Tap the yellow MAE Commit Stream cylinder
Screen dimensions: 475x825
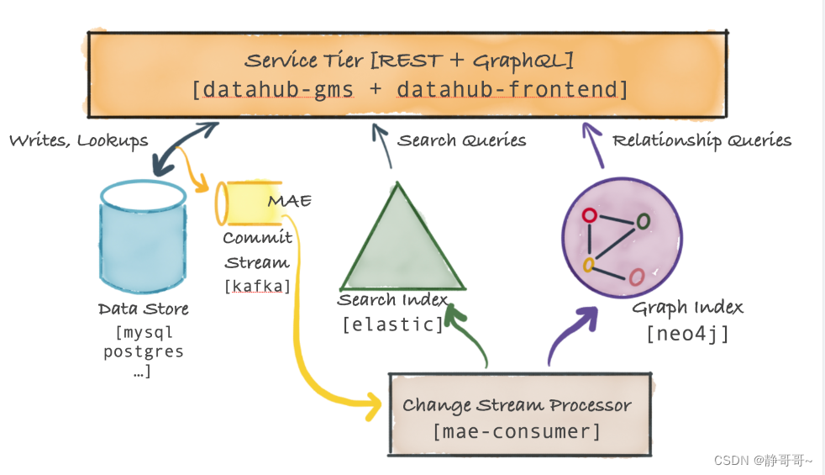click(249, 203)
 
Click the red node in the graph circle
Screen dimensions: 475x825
click(590, 215)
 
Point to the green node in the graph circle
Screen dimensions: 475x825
click(644, 221)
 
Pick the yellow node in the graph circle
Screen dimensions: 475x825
click(590, 265)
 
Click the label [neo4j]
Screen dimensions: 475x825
click(687, 334)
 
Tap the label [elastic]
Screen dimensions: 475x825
click(392, 324)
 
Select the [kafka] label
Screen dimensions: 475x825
click(257, 286)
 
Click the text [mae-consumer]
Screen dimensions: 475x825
click(517, 432)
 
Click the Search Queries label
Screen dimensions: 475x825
click(461, 140)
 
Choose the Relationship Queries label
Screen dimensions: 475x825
click(702, 140)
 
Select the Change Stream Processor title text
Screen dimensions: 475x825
click(517, 405)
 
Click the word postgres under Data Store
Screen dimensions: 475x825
click(143, 351)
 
